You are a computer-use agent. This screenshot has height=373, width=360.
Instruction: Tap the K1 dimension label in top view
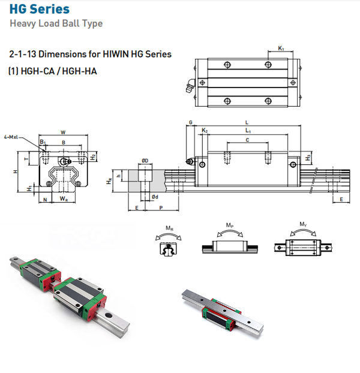point(281,47)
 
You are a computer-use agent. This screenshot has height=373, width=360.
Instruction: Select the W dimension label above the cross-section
point(63,131)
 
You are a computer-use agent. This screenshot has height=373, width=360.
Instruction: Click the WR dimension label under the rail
point(63,198)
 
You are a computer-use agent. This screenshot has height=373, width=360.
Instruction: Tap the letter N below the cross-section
point(45,198)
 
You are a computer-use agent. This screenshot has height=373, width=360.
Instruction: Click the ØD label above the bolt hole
point(145,161)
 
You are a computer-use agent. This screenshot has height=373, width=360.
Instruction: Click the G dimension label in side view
point(190,122)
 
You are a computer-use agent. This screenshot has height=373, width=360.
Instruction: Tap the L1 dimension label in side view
point(248,130)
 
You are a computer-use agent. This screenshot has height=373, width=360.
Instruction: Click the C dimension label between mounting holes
point(248,140)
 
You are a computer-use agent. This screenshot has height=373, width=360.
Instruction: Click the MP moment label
point(230,225)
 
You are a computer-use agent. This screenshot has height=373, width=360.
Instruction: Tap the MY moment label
point(304,225)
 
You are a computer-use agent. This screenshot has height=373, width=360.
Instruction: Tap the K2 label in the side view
point(205,130)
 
